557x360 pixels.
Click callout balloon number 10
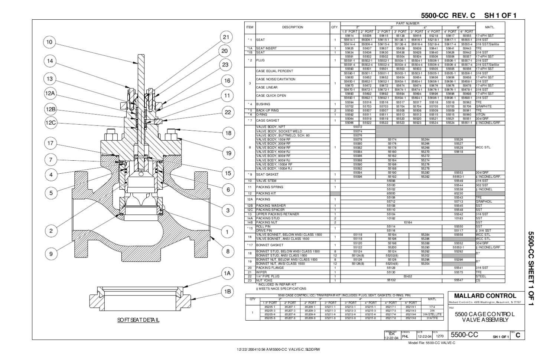click(49, 42)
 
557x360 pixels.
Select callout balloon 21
click(227, 37)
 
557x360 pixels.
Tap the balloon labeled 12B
click(51, 109)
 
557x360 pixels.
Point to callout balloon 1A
click(227, 274)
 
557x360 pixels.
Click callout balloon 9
click(51, 254)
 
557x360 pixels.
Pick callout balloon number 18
click(228, 133)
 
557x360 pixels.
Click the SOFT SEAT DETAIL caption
click(138, 320)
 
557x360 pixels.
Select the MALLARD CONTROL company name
click(485, 296)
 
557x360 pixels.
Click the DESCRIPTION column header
click(292, 27)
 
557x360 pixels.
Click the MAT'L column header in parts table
click(490, 27)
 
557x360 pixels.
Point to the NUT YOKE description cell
click(264, 280)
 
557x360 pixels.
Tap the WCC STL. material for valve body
click(483, 147)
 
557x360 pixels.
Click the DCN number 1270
click(439, 336)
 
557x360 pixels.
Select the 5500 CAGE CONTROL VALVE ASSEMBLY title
click(485, 317)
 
